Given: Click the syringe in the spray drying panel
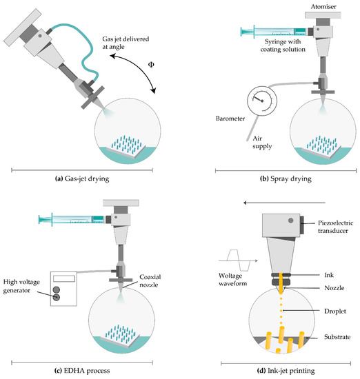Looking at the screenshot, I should (272, 31).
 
